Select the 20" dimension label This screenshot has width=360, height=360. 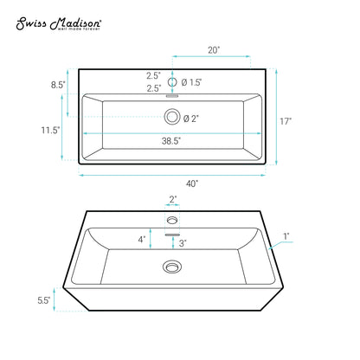tap(212, 50)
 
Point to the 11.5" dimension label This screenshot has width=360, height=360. tap(50, 130)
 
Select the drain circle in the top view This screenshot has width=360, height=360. tap(172, 117)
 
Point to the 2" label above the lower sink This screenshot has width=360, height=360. tap(173, 200)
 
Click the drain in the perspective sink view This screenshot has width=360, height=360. tap(173, 267)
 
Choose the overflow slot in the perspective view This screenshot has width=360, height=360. tap(173, 235)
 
